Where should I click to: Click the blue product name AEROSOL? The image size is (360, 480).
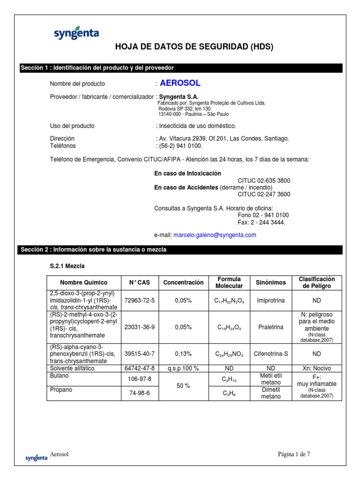[180, 83]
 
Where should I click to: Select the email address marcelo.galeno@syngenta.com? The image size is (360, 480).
[215, 235]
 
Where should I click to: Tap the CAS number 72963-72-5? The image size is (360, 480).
[139, 300]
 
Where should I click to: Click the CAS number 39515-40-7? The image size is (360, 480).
[139, 355]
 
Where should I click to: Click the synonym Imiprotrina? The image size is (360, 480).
[271, 300]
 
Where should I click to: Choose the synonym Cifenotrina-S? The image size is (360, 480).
[271, 355]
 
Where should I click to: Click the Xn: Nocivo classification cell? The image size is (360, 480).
[316, 368]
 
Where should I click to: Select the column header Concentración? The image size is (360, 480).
[183, 283]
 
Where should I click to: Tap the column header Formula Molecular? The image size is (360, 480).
[229, 283]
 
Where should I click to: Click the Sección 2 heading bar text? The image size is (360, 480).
[93, 250]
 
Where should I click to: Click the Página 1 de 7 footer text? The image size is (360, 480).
[294, 454]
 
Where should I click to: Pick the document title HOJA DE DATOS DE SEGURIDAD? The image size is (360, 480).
[194, 47]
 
